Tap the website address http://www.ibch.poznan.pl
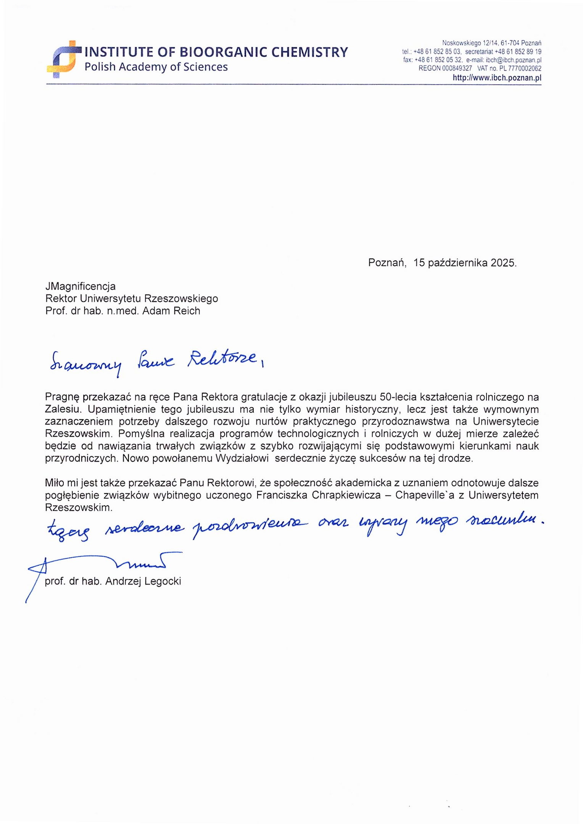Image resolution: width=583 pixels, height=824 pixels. (x=497, y=77)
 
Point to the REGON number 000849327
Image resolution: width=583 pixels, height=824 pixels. (x=457, y=68)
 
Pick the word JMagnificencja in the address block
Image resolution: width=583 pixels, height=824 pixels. (x=80, y=286)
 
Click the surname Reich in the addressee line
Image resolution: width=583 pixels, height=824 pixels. (x=187, y=311)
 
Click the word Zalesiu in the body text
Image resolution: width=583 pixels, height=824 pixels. (x=63, y=409)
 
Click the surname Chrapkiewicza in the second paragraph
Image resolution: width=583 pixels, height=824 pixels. (x=346, y=495)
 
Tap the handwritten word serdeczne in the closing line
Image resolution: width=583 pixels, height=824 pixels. (x=145, y=529)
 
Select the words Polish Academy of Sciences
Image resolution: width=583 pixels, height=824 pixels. (x=156, y=67)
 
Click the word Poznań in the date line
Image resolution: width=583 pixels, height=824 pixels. (x=387, y=263)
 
